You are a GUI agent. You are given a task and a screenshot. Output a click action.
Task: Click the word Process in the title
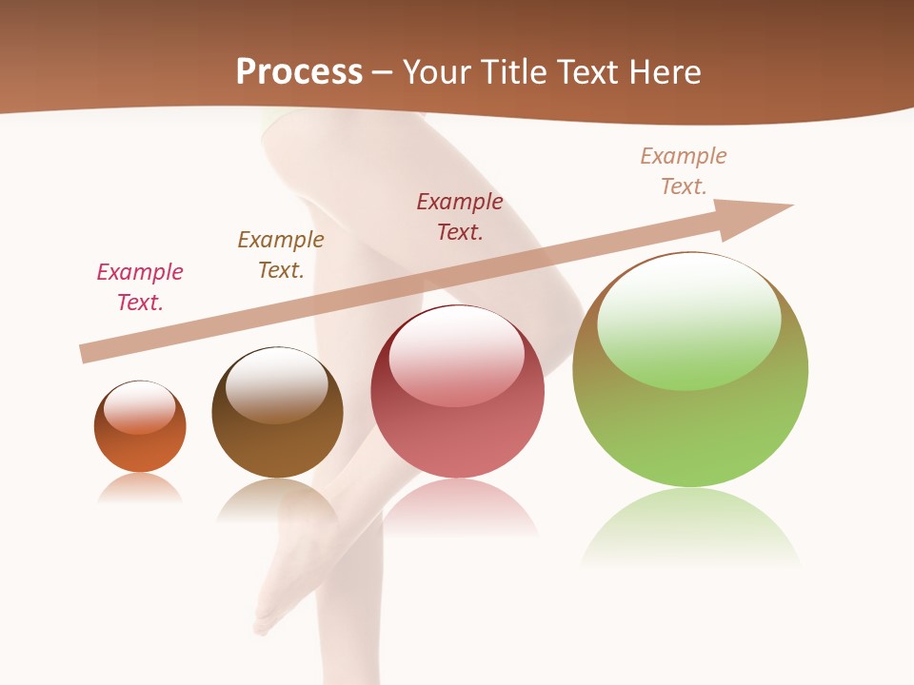[x=299, y=72]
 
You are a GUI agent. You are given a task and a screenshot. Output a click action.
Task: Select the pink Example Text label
[x=140, y=287]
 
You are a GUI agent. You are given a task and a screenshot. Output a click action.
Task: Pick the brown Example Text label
[x=281, y=255]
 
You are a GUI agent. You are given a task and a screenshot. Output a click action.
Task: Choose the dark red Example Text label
[x=460, y=217]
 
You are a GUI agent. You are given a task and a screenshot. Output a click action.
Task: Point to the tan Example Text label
[x=684, y=171]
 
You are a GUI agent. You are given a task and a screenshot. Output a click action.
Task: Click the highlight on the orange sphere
[x=140, y=407]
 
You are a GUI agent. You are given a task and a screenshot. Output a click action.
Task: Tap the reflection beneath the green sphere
[x=690, y=528]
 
